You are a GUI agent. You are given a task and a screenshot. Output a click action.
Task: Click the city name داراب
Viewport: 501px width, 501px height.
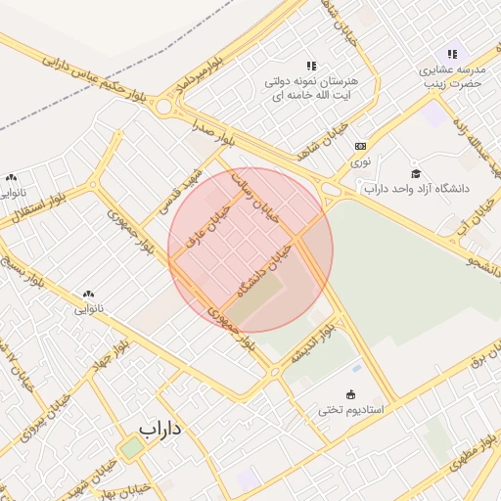point(160,429)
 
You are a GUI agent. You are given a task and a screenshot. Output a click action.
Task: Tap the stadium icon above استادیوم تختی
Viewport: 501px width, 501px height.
point(351,393)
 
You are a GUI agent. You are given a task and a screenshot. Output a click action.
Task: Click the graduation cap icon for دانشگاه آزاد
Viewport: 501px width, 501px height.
point(416,172)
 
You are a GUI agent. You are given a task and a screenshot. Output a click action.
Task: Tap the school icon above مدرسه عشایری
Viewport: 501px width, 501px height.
point(452,54)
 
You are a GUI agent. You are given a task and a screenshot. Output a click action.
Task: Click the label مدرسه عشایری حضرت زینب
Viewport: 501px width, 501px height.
point(452,76)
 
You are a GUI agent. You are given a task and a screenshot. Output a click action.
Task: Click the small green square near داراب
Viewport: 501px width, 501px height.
point(131,448)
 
